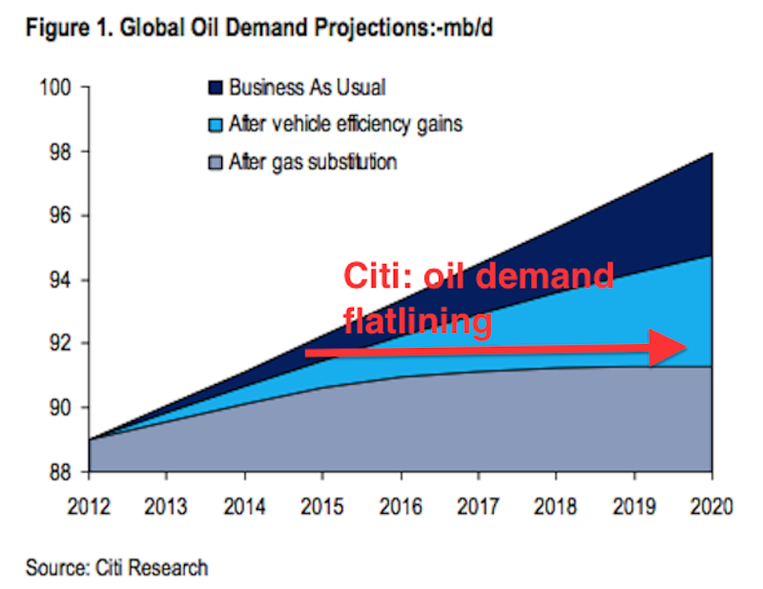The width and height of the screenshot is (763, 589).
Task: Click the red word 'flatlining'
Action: [x=418, y=321]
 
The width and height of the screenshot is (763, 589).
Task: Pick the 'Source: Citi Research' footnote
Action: [x=116, y=568]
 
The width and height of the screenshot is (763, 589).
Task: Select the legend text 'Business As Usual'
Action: [x=307, y=89]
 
